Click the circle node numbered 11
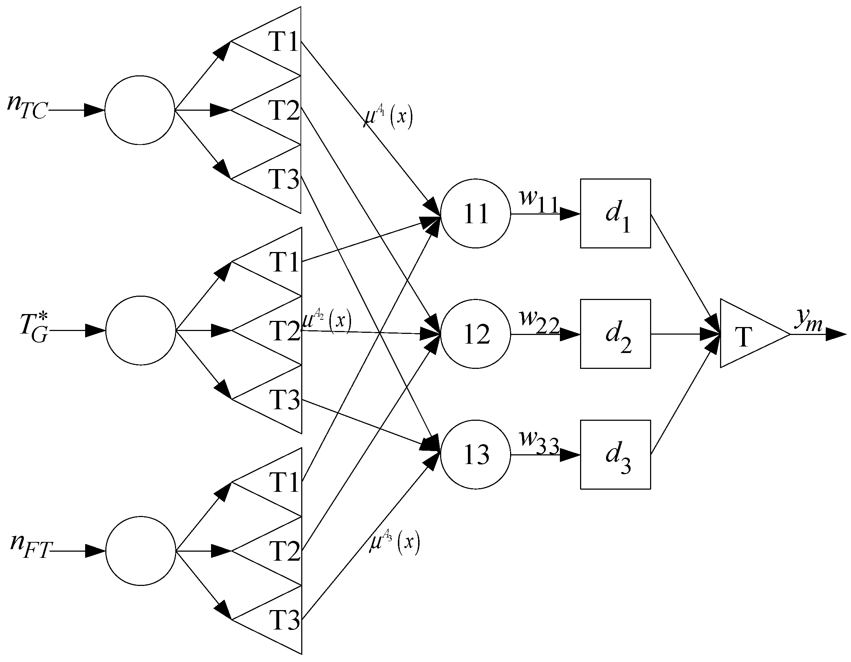475,213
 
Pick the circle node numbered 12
475,334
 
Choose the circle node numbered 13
475,454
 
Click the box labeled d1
615,213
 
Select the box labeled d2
615,334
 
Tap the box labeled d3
615,454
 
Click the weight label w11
539,200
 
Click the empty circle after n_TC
140,110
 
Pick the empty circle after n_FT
140,551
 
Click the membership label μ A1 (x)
387,116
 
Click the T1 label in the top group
284,41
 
